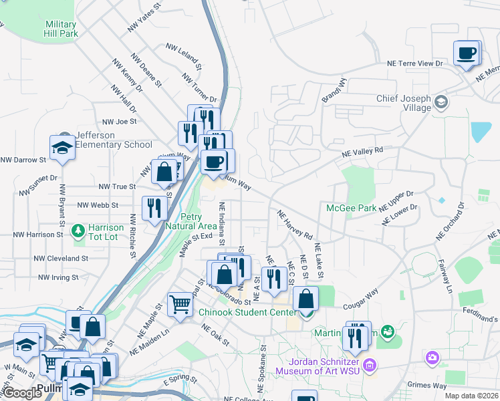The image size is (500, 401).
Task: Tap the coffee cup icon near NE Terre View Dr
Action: tap(467, 53)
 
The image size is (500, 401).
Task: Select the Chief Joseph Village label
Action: tap(403, 103)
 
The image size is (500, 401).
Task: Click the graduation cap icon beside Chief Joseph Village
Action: tap(441, 102)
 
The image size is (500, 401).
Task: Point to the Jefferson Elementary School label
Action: tap(114, 140)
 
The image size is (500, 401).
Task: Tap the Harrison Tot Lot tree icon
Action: tap(78, 231)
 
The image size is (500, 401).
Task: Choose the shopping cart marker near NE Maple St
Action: tap(180, 305)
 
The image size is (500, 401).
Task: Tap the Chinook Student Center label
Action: tap(247, 312)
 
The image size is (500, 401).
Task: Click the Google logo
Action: tap(22, 393)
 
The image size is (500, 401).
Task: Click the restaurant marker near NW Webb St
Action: tap(154, 207)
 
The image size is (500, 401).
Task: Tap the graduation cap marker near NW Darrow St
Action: tap(62, 148)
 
